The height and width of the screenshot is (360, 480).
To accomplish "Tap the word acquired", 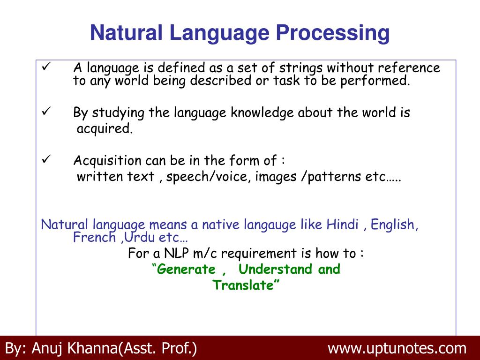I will [105, 129].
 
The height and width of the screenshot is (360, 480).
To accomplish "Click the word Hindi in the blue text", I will [342, 225].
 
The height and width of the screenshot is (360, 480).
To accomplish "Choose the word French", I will [94, 237].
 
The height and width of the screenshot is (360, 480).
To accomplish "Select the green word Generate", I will [186, 270].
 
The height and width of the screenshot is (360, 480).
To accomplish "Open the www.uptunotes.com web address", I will [397, 349].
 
